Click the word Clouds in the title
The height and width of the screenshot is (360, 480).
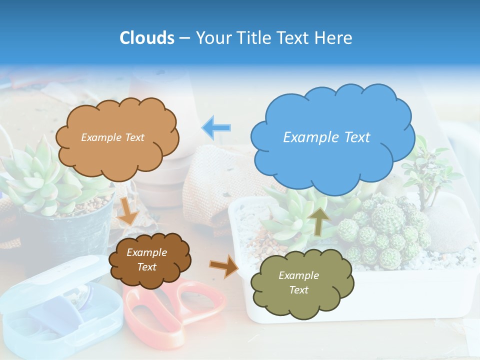[x=147, y=38]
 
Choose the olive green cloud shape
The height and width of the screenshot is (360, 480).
[x=302, y=283]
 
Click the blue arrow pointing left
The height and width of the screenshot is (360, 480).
[x=216, y=127]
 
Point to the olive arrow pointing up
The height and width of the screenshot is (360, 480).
[x=318, y=220]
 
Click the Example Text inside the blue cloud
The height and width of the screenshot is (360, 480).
[x=326, y=137]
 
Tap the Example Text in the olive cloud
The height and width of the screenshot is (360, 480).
[x=298, y=282]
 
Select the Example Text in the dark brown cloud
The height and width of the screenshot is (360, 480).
[x=146, y=260]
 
